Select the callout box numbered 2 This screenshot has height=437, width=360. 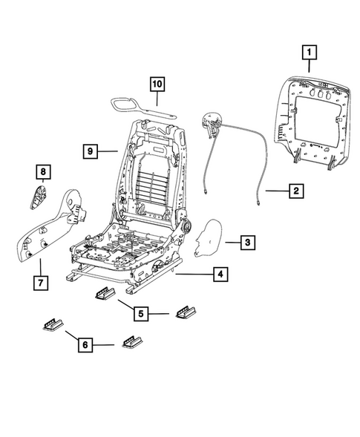pos(295,191)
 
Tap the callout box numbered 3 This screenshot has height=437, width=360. pos(249,242)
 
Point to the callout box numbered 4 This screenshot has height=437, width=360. pos(220,275)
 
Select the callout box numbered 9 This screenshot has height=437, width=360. pos(90,151)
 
